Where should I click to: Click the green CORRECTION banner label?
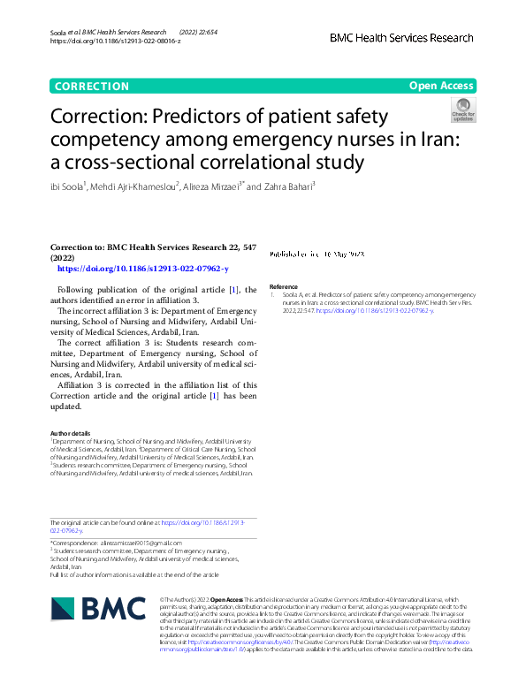point(91,86)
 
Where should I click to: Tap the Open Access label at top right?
point(442,86)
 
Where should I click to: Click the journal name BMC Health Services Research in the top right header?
point(401,39)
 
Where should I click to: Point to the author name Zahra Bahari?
point(289,186)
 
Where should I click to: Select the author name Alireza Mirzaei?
point(210,186)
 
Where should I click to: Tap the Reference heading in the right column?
point(284,286)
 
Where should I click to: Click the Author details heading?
point(71,432)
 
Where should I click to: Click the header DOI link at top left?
point(115,41)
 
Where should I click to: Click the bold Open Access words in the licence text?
point(227,598)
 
